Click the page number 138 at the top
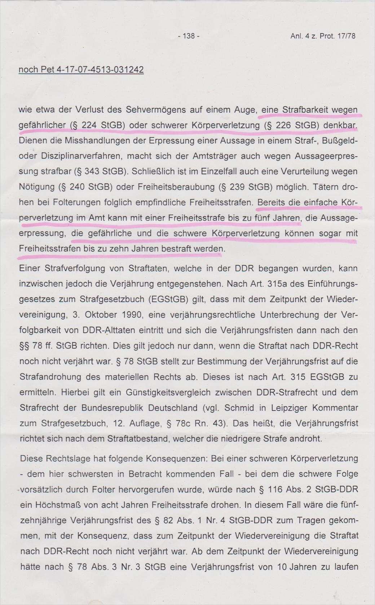click(189, 36)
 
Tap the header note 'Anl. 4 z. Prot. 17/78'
click(323, 36)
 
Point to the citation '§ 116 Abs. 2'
click(285, 489)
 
